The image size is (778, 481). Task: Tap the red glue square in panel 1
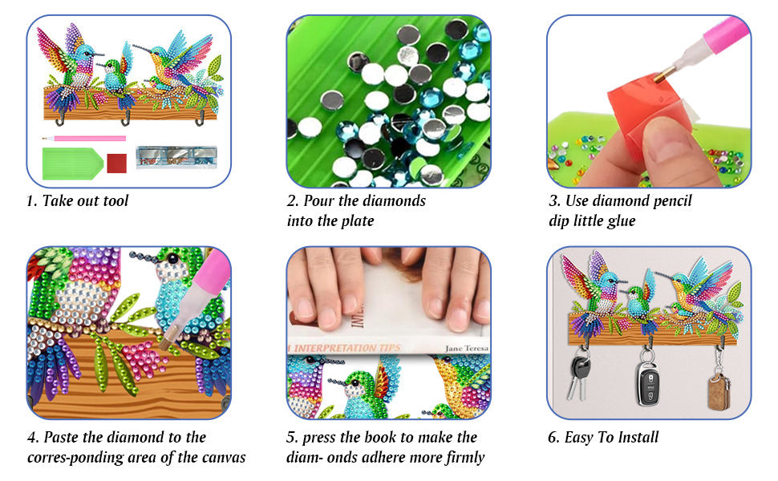tap(117, 164)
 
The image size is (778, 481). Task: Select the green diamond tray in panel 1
tap(72, 164)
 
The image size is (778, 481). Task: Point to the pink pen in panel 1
tap(84, 139)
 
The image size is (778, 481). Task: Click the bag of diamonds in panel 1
tap(176, 156)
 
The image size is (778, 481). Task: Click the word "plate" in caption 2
tap(357, 221)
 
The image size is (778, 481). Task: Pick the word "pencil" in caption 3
tap(672, 201)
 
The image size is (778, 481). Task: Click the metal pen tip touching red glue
tap(660, 76)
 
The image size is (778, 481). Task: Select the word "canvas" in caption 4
tap(225, 458)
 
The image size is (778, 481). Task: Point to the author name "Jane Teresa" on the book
tap(467, 348)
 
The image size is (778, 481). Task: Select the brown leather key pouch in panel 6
tap(719, 392)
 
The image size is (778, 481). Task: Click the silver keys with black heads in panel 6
tap(578, 374)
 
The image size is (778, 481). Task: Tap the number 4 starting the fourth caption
tap(33, 438)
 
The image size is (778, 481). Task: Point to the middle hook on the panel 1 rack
tap(126, 119)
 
